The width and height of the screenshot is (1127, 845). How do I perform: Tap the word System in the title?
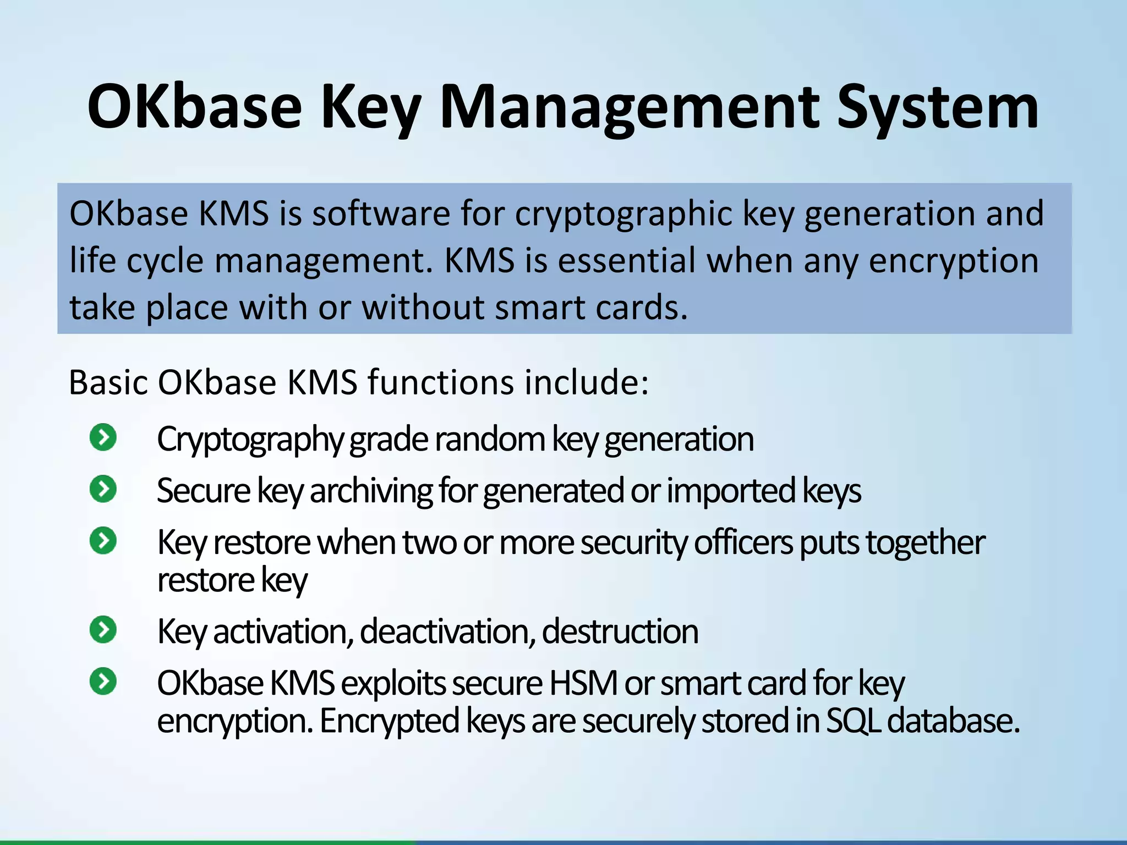938,107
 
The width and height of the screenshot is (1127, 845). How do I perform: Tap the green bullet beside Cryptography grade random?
103,438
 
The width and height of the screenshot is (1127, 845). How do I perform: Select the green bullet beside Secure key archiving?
103,489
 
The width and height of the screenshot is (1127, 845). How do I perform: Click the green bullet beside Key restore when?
103,540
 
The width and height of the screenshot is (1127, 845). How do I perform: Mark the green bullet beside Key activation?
103,630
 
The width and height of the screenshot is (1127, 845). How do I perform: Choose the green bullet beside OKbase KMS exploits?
103,682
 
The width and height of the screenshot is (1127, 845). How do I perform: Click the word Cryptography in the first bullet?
250,440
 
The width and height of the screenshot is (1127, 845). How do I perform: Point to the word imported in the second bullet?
731,491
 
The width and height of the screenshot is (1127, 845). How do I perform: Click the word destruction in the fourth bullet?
620,632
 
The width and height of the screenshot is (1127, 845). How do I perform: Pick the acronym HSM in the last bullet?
583,683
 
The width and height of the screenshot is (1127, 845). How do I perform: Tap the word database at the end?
954,721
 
